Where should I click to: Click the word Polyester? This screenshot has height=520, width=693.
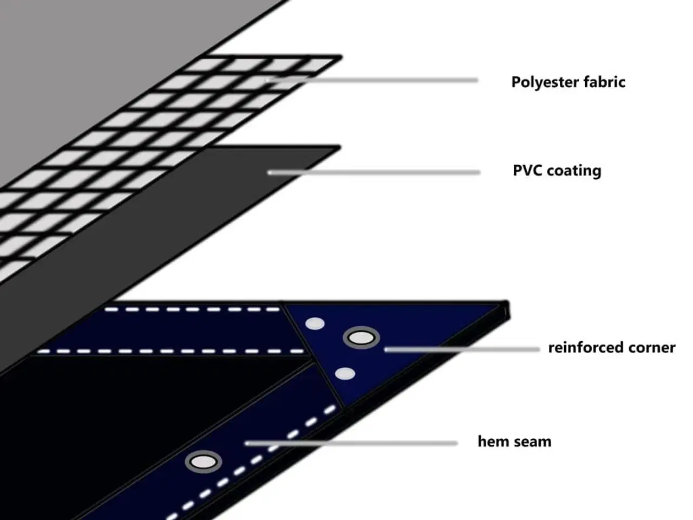point(545,82)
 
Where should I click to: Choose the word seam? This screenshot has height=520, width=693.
point(533,441)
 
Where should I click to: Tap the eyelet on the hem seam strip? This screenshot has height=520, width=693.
point(204,462)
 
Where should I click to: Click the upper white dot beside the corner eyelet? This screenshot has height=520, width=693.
point(315,324)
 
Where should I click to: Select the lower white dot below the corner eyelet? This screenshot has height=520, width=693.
point(345,373)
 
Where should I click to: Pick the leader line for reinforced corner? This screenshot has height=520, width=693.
point(460,349)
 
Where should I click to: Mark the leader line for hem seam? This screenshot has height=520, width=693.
point(352,443)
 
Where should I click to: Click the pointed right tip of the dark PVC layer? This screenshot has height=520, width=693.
point(338,147)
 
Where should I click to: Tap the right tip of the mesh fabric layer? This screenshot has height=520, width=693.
point(340,57)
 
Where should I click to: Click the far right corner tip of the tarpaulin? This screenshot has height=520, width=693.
point(507,303)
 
